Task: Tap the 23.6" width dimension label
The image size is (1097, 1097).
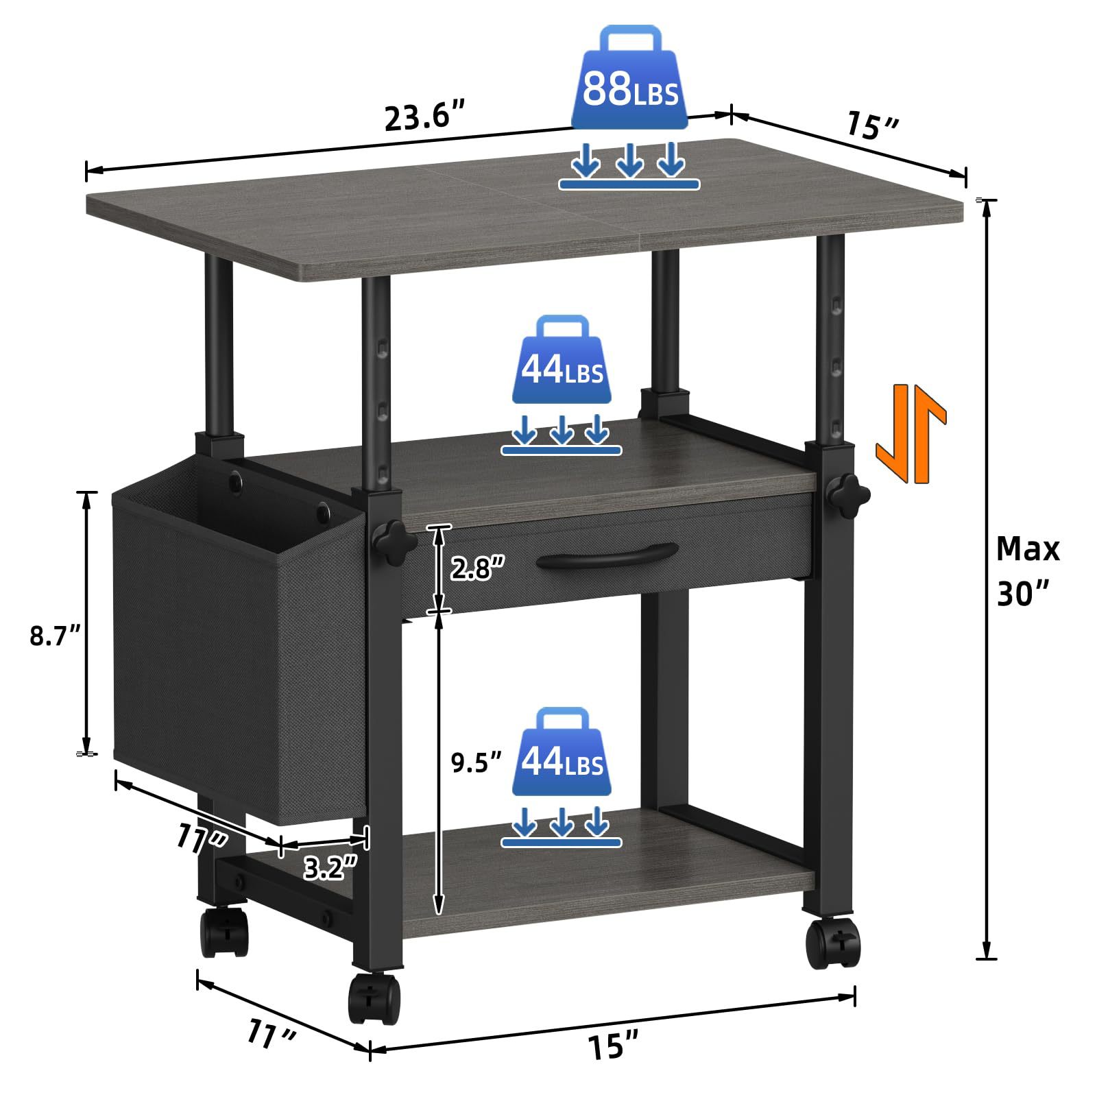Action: [425, 117]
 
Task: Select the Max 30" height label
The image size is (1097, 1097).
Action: [1028, 570]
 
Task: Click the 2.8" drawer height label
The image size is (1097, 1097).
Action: [477, 568]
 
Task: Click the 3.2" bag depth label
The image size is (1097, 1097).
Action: [330, 869]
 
